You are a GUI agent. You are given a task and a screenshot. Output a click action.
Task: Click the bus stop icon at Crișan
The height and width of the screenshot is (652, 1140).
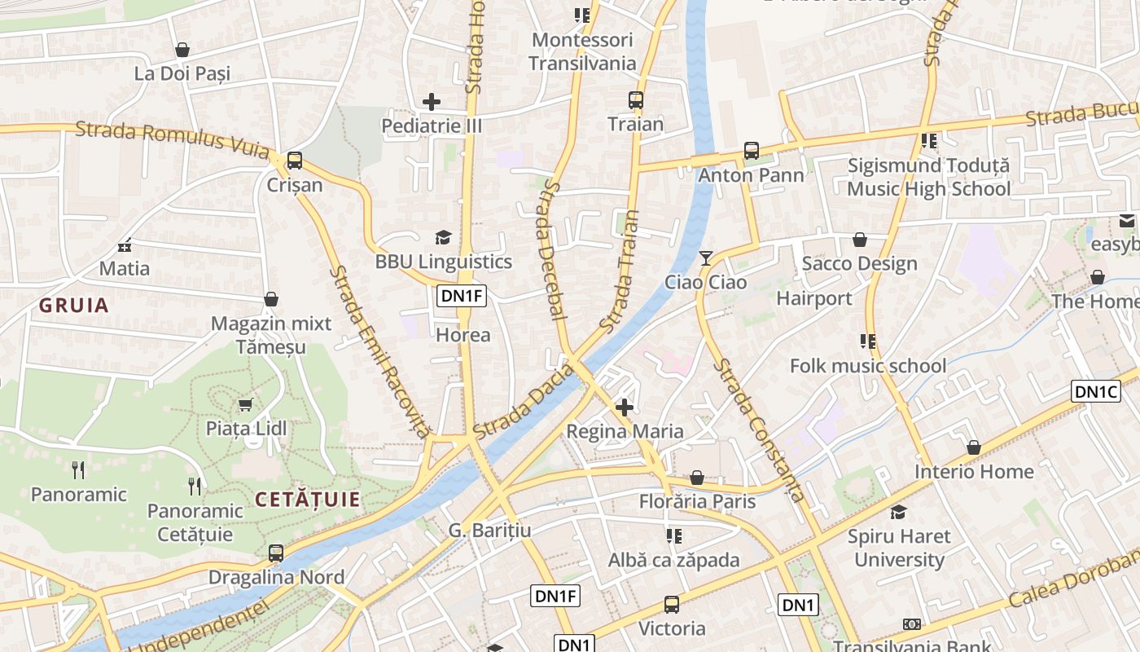[295, 161]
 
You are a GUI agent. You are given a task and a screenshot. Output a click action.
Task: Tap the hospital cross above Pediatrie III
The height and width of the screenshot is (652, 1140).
[432, 102]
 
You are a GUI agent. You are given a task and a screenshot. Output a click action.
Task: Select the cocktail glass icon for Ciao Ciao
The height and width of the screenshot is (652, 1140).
[706, 258]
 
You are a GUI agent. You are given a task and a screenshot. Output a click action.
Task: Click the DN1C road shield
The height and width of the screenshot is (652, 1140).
[1096, 391]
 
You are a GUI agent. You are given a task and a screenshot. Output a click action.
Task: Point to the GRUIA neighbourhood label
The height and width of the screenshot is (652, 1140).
[74, 306]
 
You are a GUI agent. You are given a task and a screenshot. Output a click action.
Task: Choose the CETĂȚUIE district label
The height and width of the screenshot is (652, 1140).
[308, 500]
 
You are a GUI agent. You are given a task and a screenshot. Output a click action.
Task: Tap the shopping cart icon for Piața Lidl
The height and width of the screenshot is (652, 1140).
[245, 404]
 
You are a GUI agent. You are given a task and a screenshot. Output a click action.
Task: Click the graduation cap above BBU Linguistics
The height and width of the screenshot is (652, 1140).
[443, 237]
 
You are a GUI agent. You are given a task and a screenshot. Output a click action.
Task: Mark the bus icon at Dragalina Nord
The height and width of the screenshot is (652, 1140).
[276, 553]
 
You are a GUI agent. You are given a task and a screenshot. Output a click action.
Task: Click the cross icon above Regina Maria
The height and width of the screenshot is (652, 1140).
[625, 407]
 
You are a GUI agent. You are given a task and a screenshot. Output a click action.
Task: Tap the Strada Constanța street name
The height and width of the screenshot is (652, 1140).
[759, 430]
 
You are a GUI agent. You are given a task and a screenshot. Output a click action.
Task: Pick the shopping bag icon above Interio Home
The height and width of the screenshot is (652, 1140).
[973, 447]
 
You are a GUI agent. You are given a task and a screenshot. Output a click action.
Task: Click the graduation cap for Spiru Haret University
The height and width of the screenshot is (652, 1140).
[898, 512]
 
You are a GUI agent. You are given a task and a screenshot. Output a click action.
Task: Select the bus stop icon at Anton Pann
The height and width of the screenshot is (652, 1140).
[751, 151]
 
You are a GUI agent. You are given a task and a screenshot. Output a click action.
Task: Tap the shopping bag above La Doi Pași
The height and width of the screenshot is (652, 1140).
[182, 50]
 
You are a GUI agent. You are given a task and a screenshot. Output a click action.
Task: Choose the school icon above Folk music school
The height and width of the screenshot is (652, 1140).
[868, 341]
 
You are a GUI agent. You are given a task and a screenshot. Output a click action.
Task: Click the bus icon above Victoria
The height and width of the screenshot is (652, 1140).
[672, 605]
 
